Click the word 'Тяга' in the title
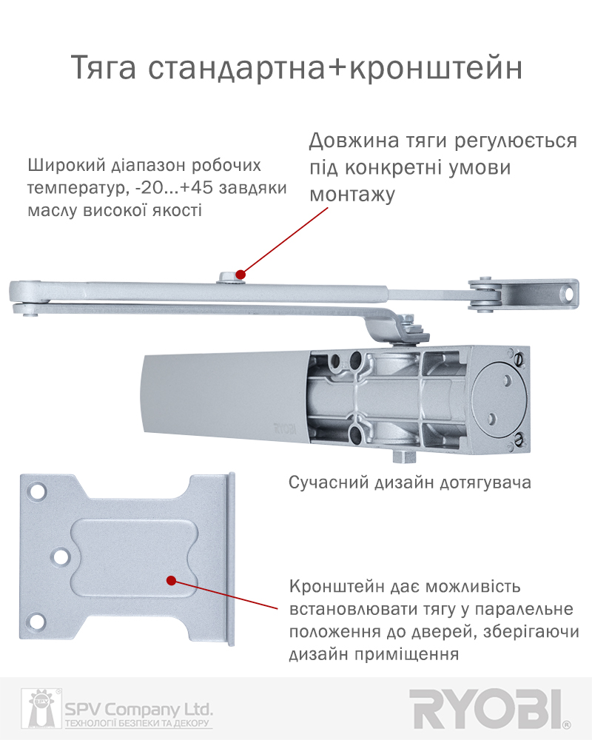click(104, 68)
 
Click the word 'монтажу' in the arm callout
click(352, 195)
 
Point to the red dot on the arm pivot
click(240, 275)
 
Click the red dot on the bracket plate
click(172, 580)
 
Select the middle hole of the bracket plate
click(61, 557)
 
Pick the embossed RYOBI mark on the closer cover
click(285, 429)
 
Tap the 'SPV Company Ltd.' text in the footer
click(138, 709)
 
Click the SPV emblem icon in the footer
click(41, 708)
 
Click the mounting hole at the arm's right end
click(568, 294)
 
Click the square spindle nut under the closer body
click(405, 456)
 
